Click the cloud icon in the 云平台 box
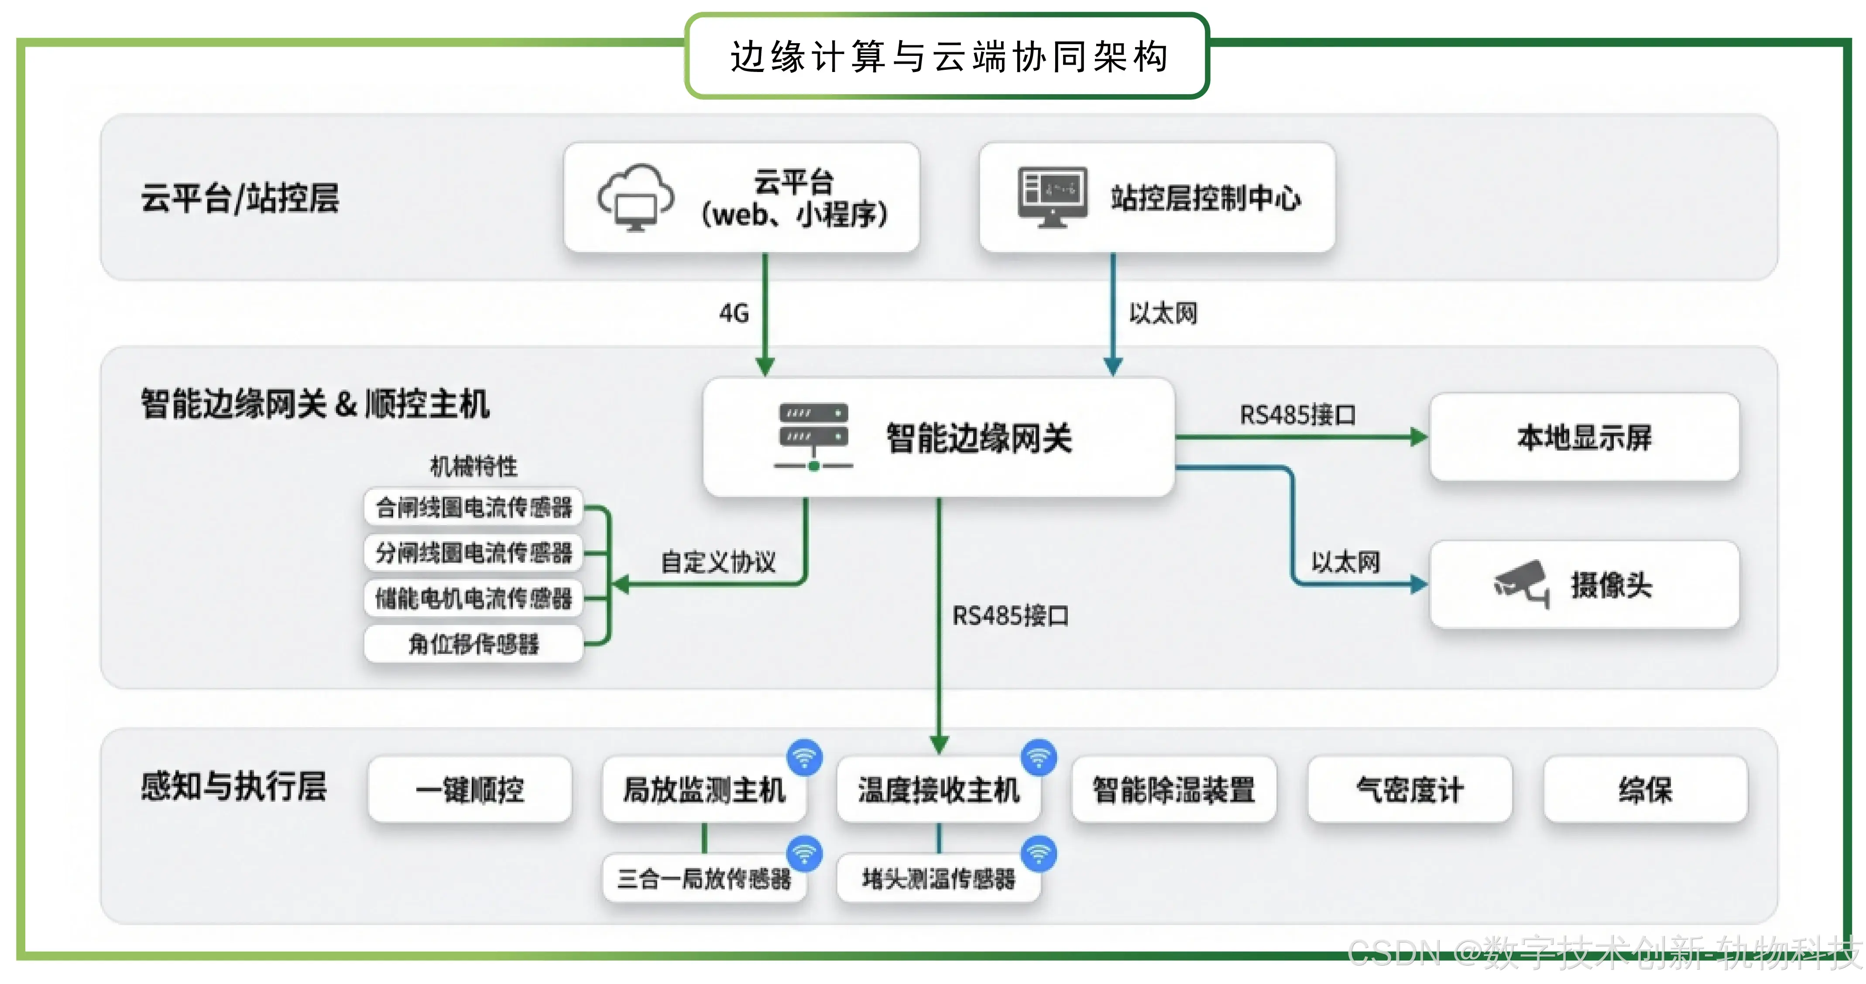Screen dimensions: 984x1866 pos(635,197)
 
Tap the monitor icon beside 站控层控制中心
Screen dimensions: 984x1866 pos(1052,197)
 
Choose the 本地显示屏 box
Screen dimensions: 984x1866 pos(1584,437)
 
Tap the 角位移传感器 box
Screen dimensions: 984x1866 pos(474,644)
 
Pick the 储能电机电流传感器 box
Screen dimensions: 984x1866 pos(474,598)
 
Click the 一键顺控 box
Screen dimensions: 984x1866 pos(470,789)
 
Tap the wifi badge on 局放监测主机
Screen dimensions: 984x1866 pos(805,757)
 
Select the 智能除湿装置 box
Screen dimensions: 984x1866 pos(1173,789)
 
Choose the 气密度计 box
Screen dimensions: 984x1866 pos(1410,789)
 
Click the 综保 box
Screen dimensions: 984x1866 pos(1645,789)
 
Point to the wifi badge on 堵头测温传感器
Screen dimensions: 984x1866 pos(1039,854)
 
